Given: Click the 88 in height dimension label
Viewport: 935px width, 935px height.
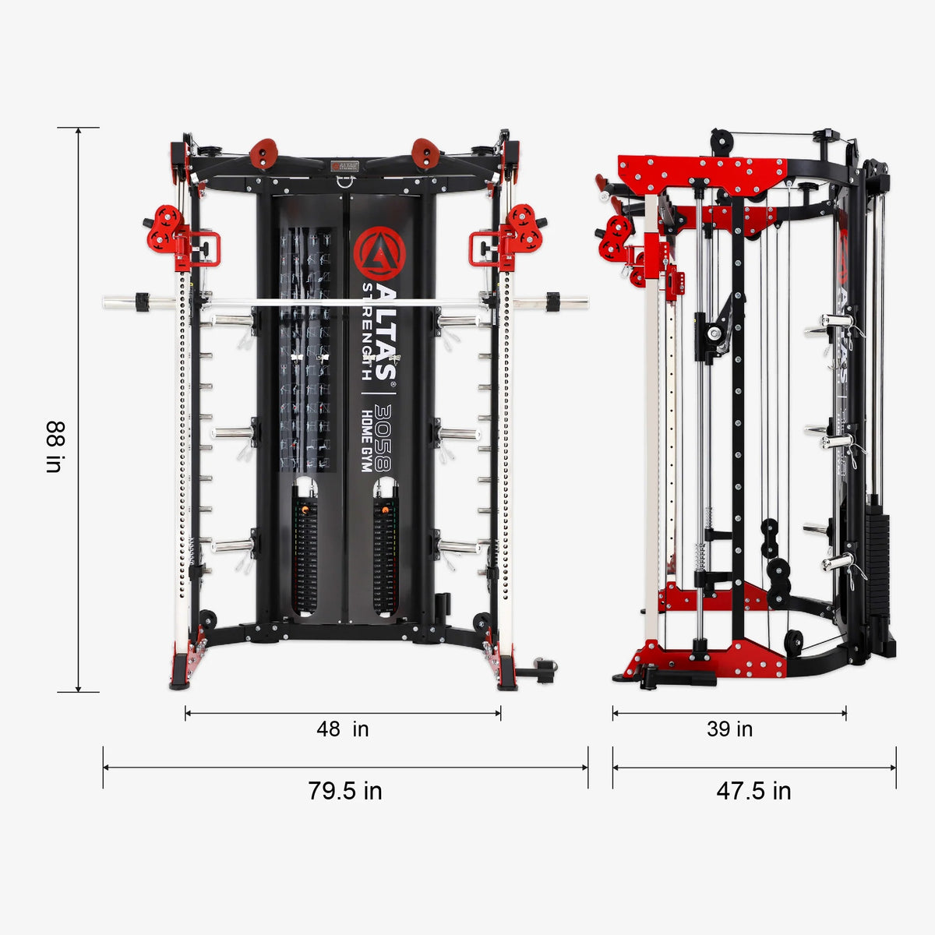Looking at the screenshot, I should [54, 447].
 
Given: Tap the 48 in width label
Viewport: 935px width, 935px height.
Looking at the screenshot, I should [342, 729].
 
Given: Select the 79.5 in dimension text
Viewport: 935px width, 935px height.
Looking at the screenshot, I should [344, 791].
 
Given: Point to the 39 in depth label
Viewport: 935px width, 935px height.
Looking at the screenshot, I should [729, 729].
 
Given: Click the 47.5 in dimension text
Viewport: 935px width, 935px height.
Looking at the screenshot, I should [753, 791].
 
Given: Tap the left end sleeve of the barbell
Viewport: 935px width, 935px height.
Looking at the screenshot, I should [125, 302].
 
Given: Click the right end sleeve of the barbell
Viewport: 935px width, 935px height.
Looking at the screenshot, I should [567, 302].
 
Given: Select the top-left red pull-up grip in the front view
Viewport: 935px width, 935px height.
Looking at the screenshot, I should [263, 153].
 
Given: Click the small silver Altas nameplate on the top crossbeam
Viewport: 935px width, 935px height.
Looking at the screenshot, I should [344, 166].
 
